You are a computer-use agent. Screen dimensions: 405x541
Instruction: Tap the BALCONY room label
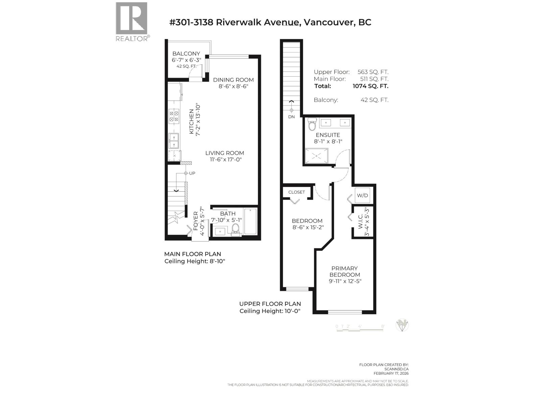coord(186,54)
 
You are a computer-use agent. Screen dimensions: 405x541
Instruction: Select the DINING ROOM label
coord(233,80)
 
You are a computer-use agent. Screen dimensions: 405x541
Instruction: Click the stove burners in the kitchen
coord(174,116)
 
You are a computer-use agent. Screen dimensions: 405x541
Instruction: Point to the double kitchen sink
coord(174,141)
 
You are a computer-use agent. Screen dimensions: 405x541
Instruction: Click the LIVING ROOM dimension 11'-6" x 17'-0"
coord(225,160)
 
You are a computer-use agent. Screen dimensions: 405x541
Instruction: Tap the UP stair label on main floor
coord(192,173)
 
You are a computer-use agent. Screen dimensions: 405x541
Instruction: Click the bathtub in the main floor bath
coord(250,221)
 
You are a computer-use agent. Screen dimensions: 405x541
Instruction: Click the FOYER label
coord(196,221)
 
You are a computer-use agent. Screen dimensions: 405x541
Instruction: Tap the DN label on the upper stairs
coord(291,117)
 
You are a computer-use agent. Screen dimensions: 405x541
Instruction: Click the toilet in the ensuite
coord(312,125)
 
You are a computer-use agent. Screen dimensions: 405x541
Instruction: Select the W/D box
coord(362,195)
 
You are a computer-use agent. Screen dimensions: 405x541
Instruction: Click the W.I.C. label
coord(360,221)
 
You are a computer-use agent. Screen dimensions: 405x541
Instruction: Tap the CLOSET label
coord(297,192)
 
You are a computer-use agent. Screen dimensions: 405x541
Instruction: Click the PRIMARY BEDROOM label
coord(345,271)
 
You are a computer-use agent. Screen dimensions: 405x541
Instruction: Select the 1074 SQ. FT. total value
coord(370,86)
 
